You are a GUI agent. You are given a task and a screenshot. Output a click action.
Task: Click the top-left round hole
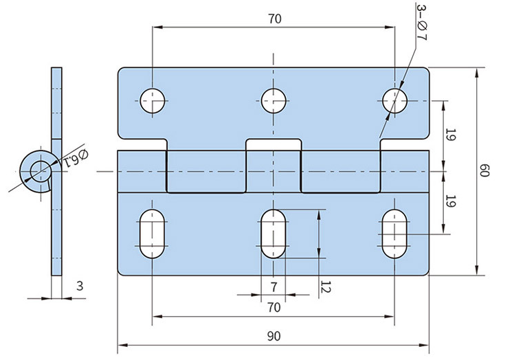(153, 101)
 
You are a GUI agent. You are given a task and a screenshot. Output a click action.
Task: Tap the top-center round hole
(273, 101)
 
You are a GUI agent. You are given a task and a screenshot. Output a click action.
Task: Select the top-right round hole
(395, 101)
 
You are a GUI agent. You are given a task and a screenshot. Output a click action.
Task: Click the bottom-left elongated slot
(153, 234)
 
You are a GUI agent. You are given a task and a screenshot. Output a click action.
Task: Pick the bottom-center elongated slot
(273, 234)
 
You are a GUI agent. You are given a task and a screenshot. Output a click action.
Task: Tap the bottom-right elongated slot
(395, 234)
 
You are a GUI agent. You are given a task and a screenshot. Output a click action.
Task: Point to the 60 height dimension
(484, 170)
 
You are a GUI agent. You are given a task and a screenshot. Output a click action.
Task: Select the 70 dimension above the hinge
(273, 19)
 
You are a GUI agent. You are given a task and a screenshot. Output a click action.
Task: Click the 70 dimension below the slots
(273, 307)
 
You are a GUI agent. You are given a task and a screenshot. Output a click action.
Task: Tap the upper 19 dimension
(451, 135)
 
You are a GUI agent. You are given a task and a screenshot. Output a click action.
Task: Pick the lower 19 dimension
(451, 201)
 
